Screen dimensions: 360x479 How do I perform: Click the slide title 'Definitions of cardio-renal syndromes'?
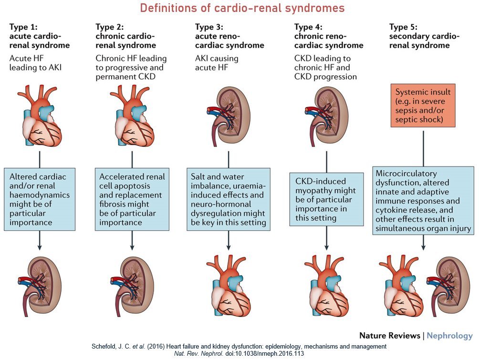tap(242, 8)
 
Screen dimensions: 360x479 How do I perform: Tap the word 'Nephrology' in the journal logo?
tap(449, 336)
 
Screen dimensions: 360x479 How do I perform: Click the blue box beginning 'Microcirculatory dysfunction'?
tap(424, 201)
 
